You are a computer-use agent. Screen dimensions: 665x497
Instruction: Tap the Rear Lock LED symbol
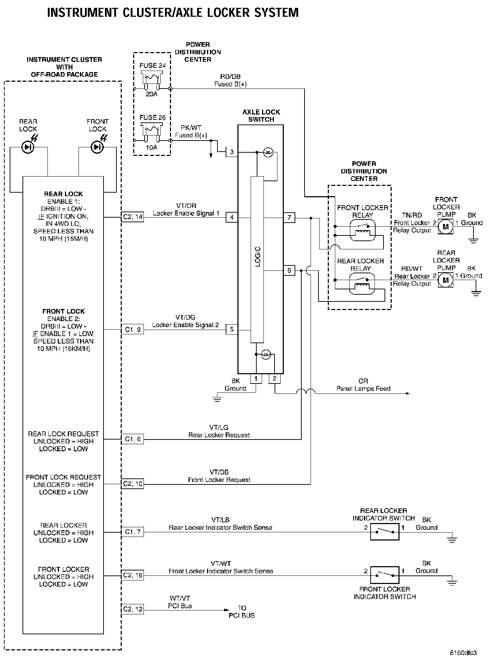(28, 147)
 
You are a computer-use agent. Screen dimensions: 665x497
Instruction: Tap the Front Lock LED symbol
(97, 147)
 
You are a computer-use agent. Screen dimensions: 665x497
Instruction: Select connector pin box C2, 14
(132, 217)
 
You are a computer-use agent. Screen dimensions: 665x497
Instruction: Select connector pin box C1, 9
(132, 330)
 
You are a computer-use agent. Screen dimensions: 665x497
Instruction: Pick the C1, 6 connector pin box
(132, 439)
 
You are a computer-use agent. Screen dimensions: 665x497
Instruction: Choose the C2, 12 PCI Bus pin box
(132, 609)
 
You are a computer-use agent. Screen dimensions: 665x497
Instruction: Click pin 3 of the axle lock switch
(232, 152)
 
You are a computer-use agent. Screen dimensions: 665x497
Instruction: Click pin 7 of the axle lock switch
(289, 217)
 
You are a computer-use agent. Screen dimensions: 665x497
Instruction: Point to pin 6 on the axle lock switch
(289, 270)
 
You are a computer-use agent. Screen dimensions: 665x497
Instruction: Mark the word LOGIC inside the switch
(258, 257)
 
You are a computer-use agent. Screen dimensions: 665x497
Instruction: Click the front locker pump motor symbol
(445, 226)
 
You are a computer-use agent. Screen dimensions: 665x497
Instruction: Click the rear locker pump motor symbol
(445, 280)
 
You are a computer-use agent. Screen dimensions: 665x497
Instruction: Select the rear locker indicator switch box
(385, 532)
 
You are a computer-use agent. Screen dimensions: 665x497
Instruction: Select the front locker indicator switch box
(385, 575)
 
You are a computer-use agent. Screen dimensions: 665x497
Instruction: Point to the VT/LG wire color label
(219, 427)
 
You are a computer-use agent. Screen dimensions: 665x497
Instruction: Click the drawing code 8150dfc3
(463, 653)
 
